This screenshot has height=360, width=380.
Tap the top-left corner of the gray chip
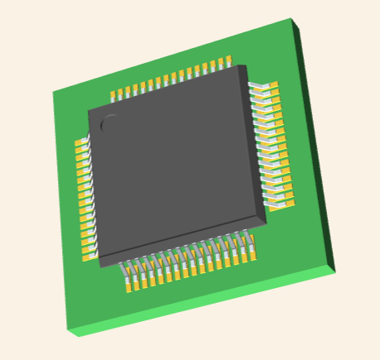coord(89,109)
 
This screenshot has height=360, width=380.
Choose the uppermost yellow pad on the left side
coord(81,144)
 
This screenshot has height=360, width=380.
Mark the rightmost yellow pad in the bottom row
coord(251,254)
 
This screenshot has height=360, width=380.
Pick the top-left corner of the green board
coord(53,91)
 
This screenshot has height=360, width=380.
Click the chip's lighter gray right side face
coord(257,149)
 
